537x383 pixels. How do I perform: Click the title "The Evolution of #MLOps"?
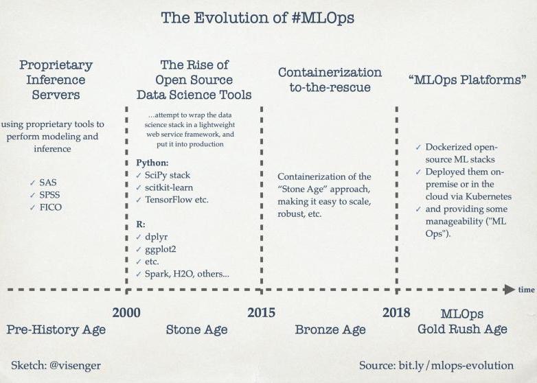(258, 18)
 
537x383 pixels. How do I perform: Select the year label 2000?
(126, 312)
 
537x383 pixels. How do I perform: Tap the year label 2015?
(262, 312)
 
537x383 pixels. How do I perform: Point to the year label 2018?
(396, 312)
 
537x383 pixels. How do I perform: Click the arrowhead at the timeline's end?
(510, 290)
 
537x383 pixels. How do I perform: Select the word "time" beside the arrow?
(527, 290)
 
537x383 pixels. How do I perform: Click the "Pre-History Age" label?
(56, 330)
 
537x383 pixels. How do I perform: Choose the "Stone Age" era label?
(197, 329)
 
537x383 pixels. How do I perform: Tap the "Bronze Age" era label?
(330, 329)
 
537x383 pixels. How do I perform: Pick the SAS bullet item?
(48, 183)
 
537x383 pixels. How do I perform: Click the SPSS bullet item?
(49, 195)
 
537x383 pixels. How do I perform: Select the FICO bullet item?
(51, 207)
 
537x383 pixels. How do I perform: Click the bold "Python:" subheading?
(152, 163)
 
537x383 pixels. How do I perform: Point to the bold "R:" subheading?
(141, 224)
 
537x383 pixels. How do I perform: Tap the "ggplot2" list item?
(160, 250)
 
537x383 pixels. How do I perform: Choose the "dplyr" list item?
(156, 237)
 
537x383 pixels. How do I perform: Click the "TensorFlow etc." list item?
(176, 200)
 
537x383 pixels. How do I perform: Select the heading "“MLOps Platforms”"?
(468, 80)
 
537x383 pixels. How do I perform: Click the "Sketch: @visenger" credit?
(56, 366)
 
